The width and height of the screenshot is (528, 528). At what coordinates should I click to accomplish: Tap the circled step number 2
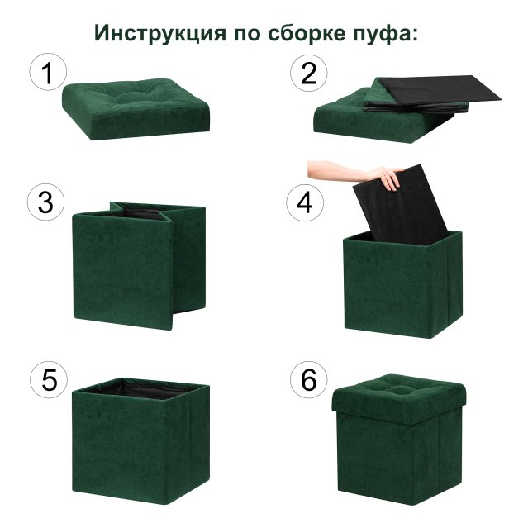(x=308, y=73)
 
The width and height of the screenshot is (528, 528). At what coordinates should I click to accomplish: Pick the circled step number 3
(x=48, y=202)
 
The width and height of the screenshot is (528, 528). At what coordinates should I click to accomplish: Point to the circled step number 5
(x=48, y=380)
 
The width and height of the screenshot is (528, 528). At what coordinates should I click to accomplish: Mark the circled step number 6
(x=308, y=380)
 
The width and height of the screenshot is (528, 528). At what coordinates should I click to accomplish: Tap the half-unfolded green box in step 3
(x=132, y=264)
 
